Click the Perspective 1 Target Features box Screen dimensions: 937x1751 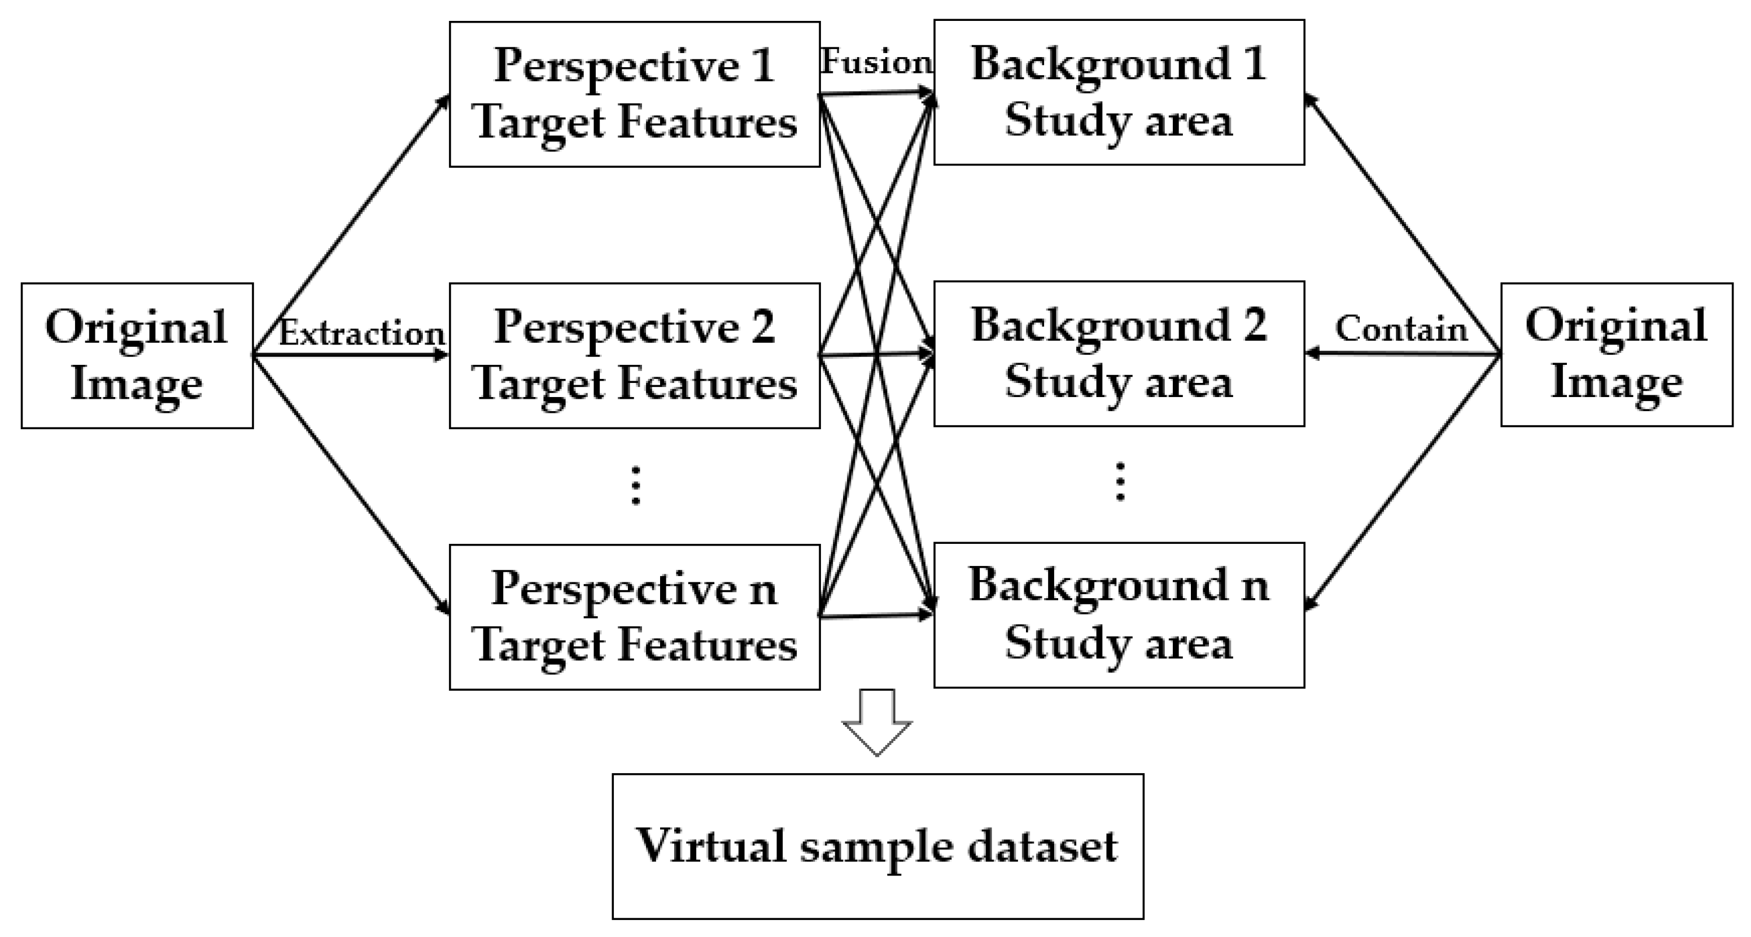634,94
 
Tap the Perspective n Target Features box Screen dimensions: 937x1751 634,617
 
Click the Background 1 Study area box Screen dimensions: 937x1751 1119,92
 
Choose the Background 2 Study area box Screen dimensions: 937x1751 1119,354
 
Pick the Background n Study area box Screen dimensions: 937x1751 1119,615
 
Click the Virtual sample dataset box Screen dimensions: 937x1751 877,846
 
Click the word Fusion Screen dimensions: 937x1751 876,63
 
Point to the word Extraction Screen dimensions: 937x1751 361,333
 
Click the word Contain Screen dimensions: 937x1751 1401,329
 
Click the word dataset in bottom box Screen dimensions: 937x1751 1042,847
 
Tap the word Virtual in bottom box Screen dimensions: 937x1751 710,846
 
